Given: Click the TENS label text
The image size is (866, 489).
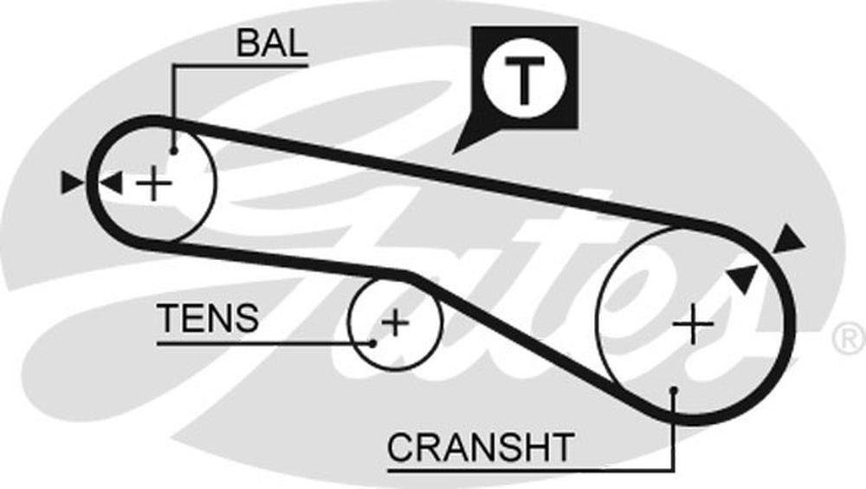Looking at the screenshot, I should [208, 318].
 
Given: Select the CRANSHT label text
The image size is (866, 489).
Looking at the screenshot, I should [480, 447].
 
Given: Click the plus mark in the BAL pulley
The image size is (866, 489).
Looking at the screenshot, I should [155, 184].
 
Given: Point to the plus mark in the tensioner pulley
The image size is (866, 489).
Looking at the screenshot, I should [395, 323].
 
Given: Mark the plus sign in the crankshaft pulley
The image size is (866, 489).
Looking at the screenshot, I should [694, 323].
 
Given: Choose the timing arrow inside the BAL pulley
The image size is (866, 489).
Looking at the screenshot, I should [111, 183].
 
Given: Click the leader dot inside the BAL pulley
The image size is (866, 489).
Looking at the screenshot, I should [174, 150].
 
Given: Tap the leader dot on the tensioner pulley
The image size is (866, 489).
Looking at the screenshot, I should [373, 342].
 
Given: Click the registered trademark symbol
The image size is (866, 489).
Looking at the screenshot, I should [848, 339].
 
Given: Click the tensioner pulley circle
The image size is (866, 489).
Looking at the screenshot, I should [350, 321].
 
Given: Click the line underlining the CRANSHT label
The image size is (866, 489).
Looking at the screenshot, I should [520, 471].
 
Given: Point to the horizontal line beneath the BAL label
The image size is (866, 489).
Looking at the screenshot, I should [242, 62].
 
